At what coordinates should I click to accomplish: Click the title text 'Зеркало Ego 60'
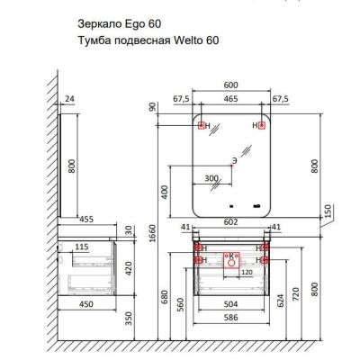[x=119, y=24]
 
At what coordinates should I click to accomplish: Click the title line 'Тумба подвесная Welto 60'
[x=148, y=40]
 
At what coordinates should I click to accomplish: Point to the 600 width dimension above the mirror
[x=231, y=85]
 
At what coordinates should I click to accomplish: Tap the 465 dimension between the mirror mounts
[x=231, y=98]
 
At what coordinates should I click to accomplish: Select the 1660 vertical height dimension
[x=153, y=233]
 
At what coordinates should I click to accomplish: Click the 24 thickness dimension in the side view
[x=69, y=99]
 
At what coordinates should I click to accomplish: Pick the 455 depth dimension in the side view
[x=86, y=220]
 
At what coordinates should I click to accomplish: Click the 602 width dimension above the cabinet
[x=231, y=222]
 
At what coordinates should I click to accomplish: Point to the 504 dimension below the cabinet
[x=231, y=304]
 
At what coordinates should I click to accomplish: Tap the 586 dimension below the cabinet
[x=231, y=318]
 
